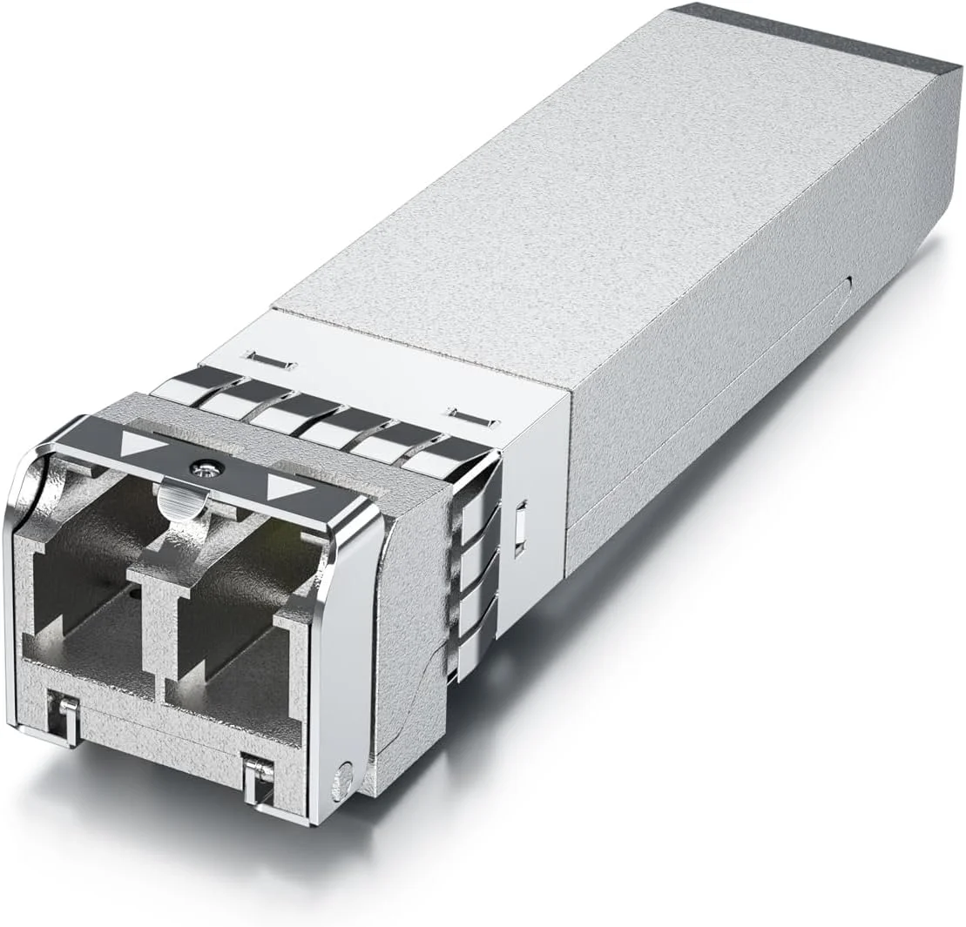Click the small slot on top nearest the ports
(271, 359)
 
